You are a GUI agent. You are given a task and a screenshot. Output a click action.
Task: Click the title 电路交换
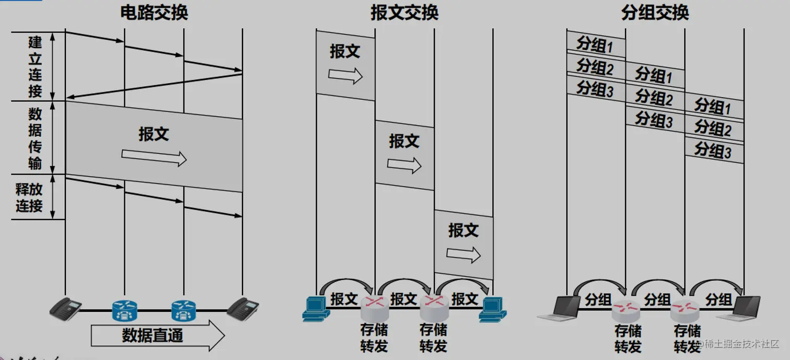pyautogui.click(x=154, y=13)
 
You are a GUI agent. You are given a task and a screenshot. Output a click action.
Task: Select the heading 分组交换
pyautogui.click(x=655, y=13)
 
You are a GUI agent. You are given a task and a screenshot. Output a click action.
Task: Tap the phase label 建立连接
pyautogui.click(x=35, y=66)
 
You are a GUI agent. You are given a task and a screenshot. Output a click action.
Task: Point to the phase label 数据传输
pyautogui.click(x=35, y=138)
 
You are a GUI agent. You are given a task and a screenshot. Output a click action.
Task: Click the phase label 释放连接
pyautogui.click(x=29, y=197)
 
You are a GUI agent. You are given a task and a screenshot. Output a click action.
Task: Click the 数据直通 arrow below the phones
pyautogui.click(x=157, y=335)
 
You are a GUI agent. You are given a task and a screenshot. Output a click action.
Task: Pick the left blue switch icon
pyautogui.click(x=124, y=310)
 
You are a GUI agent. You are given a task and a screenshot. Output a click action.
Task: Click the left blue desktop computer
pyautogui.click(x=316, y=308)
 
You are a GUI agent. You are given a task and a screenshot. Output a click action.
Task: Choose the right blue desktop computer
pyautogui.click(x=493, y=308)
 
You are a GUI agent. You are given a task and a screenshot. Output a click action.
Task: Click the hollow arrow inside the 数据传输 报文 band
pyautogui.click(x=154, y=157)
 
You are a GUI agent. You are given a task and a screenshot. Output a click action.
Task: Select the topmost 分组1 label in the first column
pyautogui.click(x=595, y=45)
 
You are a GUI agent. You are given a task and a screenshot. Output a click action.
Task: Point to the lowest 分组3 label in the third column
pyautogui.click(x=713, y=150)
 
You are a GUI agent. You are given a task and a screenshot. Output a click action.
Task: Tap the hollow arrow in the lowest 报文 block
pyautogui.click(x=463, y=254)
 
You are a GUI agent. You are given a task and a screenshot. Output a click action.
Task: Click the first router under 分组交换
pyautogui.click(x=626, y=311)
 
